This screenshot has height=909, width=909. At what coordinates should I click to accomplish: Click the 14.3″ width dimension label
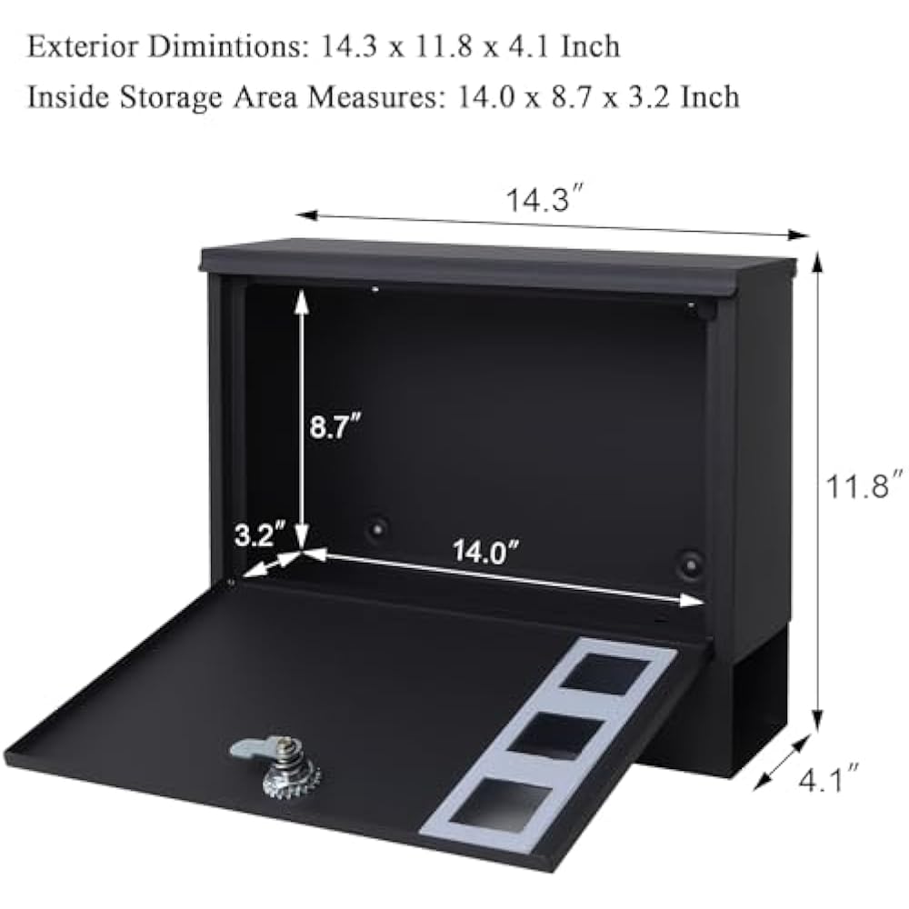click(544, 201)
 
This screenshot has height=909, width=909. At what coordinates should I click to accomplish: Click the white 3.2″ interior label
click(260, 534)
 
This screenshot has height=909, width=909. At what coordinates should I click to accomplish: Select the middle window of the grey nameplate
click(556, 733)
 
